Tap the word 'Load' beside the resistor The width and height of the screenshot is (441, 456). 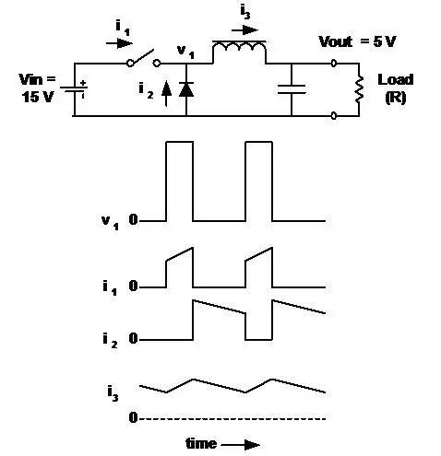point(396,79)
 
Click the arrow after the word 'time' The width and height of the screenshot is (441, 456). point(243,444)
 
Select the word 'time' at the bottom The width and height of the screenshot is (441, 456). point(201,444)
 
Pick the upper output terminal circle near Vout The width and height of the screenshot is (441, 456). point(334,63)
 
